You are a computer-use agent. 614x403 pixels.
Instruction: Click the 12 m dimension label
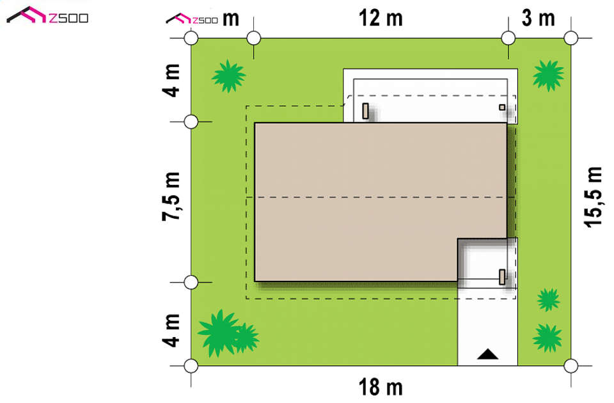point(381,19)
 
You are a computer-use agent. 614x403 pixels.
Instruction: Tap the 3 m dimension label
point(539,19)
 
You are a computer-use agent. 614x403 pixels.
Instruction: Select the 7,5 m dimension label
point(171,196)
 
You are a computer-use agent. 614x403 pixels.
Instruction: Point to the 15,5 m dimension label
point(593,197)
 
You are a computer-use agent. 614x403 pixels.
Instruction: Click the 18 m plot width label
point(381,387)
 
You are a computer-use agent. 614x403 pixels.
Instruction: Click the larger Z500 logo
point(47,15)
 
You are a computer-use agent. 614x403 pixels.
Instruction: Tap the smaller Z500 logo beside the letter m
point(192,19)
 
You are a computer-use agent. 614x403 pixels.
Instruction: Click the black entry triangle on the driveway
point(487,354)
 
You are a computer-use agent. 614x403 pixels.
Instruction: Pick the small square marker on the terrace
point(502,107)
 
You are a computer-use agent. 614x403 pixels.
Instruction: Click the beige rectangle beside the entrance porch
point(502,276)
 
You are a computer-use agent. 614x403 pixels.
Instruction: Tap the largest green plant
point(219,333)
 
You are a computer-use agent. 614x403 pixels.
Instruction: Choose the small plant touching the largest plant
point(246,338)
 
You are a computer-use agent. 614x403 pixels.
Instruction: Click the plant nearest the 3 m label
point(548,75)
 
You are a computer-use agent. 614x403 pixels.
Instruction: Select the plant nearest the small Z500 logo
point(229,76)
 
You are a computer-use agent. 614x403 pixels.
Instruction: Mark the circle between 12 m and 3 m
point(508,38)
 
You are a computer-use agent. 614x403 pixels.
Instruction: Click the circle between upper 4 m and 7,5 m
point(191,122)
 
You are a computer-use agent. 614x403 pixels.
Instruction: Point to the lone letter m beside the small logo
point(231,19)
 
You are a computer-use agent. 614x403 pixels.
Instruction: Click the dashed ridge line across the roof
point(381,198)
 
